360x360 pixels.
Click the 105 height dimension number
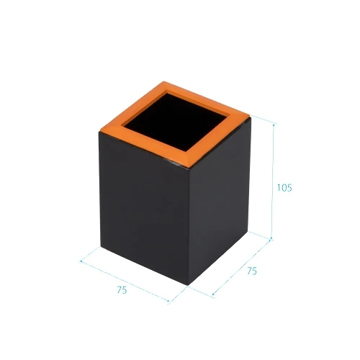284,187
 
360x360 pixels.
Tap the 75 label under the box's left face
122,290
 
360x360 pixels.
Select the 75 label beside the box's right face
252,271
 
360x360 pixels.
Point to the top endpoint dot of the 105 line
274,125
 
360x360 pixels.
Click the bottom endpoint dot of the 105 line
271,238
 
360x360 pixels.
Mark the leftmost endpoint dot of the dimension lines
81,261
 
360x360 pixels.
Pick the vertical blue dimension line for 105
273,181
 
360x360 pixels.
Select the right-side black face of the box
219,202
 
